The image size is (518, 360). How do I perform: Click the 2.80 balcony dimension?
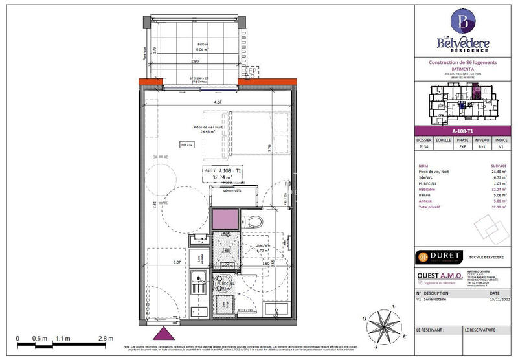[x=194, y=60]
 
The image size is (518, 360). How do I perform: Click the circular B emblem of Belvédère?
[x=463, y=21]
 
